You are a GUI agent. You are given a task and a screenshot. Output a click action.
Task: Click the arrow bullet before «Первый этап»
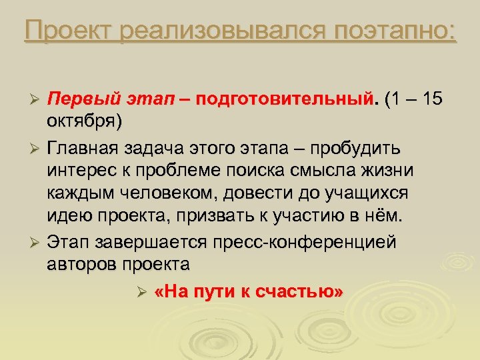37,100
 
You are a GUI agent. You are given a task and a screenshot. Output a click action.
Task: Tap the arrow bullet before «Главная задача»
37,147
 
